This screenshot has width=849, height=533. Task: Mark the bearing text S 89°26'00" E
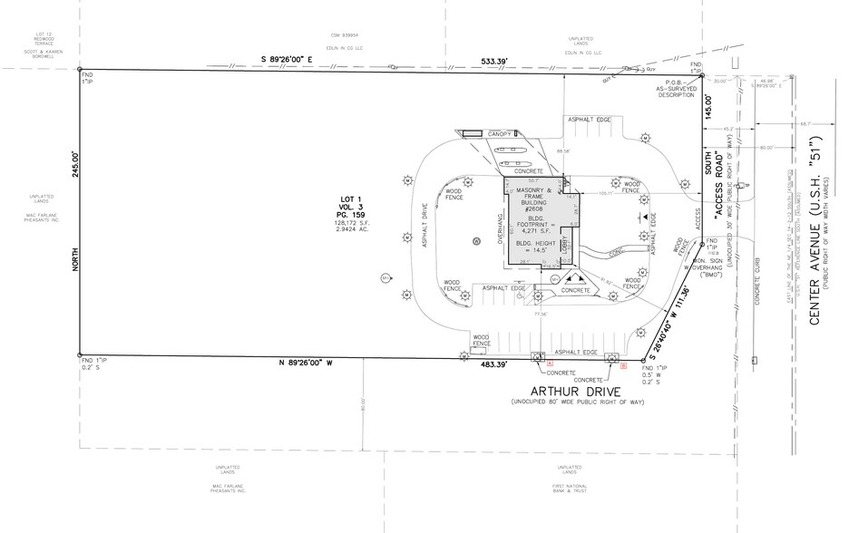click(287, 60)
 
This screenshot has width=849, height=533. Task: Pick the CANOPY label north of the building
click(501, 134)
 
